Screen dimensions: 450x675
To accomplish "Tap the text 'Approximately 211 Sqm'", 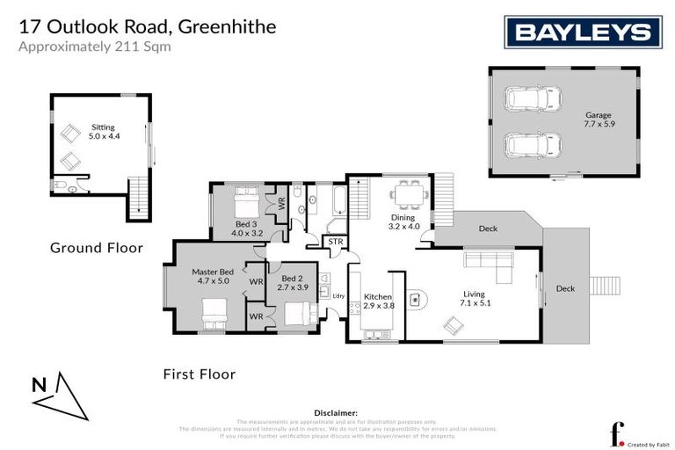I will pyautogui.click(x=95, y=47).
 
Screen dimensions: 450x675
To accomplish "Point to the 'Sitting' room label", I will pyautogui.click(x=103, y=132).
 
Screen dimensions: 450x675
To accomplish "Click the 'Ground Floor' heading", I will pyautogui.click(x=96, y=248).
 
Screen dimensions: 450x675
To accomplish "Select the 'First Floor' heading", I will pyautogui.click(x=200, y=374).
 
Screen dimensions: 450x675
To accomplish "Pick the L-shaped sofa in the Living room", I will pyautogui.click(x=487, y=262).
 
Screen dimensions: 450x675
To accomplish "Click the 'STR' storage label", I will pyautogui.click(x=335, y=241).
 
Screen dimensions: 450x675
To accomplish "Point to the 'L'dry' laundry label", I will pyautogui.click(x=338, y=295).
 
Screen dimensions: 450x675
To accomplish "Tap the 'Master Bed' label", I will pyautogui.click(x=212, y=277).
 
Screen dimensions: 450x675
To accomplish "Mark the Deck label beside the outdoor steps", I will pyautogui.click(x=565, y=288).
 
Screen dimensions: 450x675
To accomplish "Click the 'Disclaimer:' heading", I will pyautogui.click(x=336, y=411).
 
